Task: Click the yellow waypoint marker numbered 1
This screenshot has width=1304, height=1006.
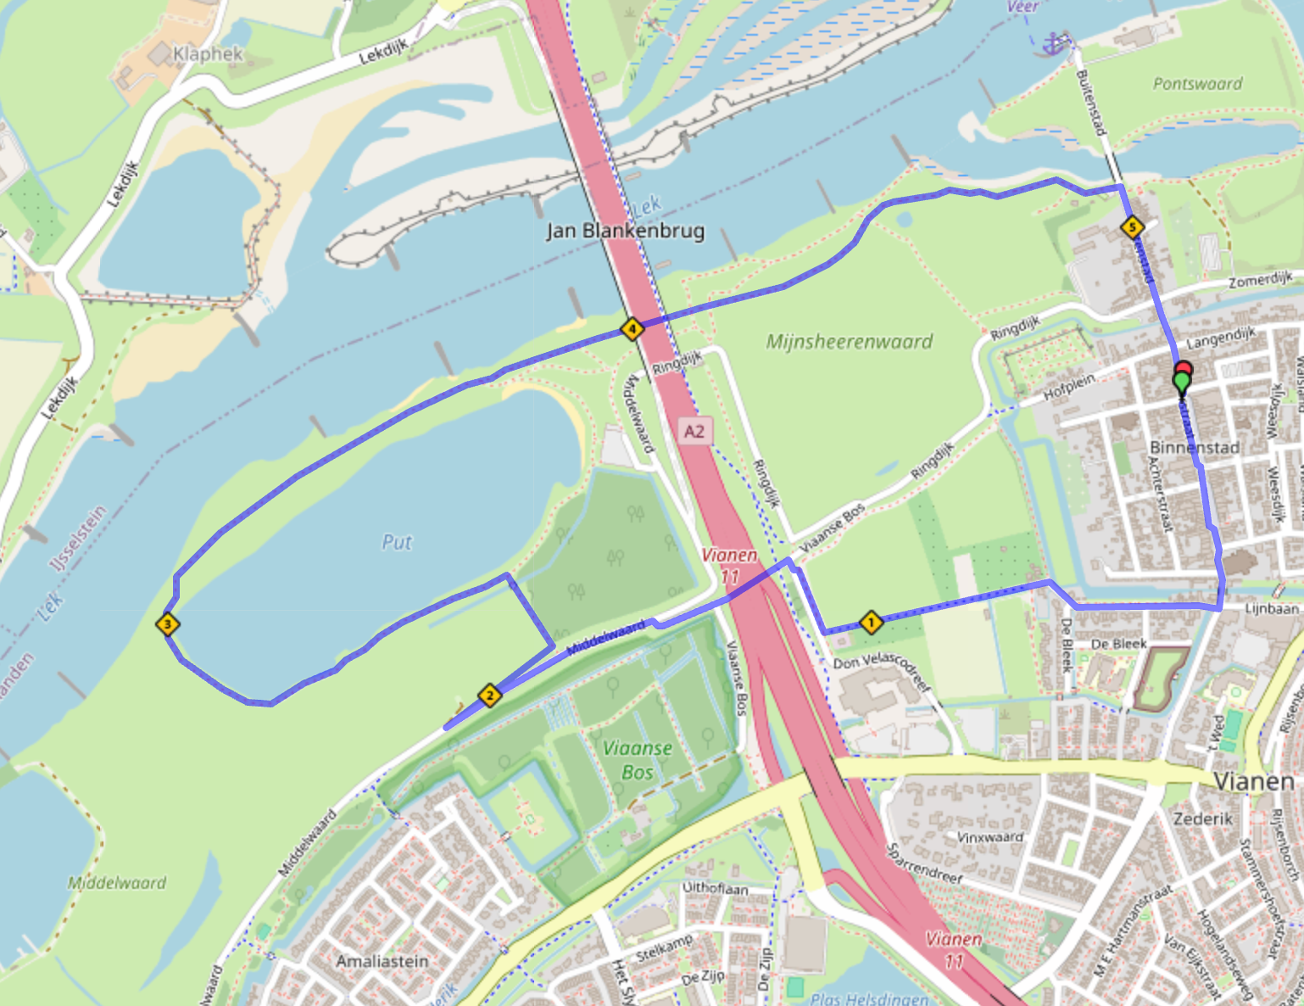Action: (x=871, y=623)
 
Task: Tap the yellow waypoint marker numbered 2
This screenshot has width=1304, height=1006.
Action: (x=489, y=696)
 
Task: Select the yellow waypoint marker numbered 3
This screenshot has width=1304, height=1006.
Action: (x=168, y=625)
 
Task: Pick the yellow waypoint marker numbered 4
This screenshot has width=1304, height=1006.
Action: (x=632, y=328)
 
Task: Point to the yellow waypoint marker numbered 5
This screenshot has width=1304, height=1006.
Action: (x=1132, y=226)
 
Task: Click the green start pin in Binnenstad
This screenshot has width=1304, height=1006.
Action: (x=1182, y=383)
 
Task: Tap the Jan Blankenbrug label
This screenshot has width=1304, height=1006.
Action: (x=626, y=231)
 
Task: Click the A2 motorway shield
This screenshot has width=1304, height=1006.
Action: (x=694, y=431)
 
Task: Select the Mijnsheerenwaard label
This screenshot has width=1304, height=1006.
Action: (x=849, y=342)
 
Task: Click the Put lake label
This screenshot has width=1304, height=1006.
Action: (x=397, y=542)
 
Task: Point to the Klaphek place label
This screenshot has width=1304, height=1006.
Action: (x=208, y=54)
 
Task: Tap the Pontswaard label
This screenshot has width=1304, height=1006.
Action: (x=1197, y=83)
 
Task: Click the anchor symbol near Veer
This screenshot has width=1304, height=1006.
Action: (x=1054, y=43)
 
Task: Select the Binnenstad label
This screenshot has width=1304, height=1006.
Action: (x=1194, y=447)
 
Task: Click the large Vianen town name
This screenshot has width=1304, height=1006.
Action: (x=1253, y=781)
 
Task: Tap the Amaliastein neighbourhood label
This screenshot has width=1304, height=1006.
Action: (x=382, y=961)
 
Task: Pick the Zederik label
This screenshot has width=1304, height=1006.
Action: (x=1202, y=819)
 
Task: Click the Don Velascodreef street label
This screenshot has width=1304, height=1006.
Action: (x=882, y=671)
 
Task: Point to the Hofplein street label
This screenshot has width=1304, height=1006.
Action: (x=1069, y=386)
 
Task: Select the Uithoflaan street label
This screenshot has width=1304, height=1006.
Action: (x=715, y=888)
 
